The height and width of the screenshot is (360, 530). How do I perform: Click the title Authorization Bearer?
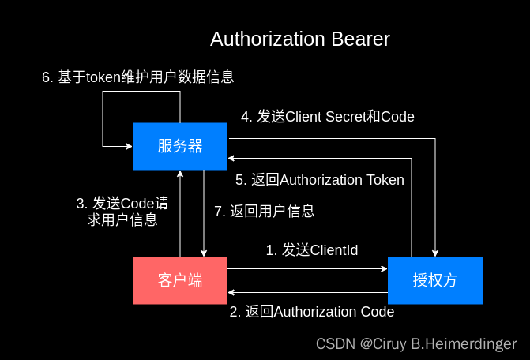click(x=299, y=39)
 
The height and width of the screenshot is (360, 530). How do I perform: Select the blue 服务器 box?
click(x=180, y=146)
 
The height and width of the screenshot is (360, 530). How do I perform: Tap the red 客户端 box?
click(x=180, y=280)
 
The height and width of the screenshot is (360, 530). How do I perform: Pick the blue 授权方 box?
click(x=434, y=280)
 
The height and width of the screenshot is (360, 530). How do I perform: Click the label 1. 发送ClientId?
click(x=311, y=250)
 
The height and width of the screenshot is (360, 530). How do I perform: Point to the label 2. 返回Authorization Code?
click(x=311, y=312)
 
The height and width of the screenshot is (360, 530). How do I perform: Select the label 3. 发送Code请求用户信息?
click(x=122, y=212)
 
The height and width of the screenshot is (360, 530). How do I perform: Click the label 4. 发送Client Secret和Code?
click(x=327, y=117)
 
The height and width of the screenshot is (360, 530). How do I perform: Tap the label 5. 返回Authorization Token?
click(x=319, y=180)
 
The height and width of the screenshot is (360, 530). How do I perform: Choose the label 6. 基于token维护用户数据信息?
click(x=137, y=77)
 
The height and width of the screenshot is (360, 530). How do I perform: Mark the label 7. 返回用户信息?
click(x=265, y=211)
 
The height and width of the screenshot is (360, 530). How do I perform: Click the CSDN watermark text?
click(x=416, y=344)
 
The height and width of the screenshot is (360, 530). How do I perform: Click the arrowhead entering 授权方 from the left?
click(x=383, y=268)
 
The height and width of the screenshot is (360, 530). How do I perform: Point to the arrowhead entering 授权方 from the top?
click(x=435, y=253)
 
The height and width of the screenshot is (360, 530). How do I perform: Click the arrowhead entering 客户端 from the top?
click(x=204, y=253)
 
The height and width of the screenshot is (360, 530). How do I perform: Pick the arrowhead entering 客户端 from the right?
click(x=232, y=292)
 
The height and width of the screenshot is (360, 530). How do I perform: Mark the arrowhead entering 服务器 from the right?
click(x=232, y=158)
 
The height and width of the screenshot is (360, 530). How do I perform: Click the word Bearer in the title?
click(x=361, y=39)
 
